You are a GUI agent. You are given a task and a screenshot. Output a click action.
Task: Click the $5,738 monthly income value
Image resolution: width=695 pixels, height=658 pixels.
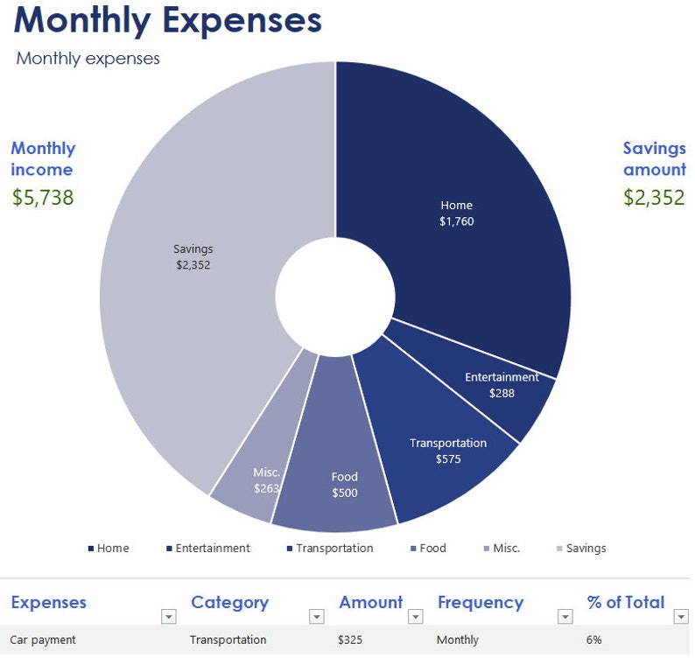43,198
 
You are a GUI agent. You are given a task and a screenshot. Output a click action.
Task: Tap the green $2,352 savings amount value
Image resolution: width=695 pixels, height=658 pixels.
654,198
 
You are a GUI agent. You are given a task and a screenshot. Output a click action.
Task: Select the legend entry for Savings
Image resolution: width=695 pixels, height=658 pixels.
580,549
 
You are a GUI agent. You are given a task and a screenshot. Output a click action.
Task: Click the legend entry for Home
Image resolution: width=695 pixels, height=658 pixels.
108,549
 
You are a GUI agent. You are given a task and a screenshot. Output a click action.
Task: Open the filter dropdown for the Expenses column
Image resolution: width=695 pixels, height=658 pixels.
168,617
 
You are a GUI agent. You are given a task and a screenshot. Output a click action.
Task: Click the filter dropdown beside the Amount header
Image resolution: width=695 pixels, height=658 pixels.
416,617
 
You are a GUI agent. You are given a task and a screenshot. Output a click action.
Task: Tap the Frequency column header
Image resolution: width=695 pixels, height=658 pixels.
481,603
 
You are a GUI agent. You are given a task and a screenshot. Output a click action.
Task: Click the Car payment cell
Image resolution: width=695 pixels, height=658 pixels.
43,640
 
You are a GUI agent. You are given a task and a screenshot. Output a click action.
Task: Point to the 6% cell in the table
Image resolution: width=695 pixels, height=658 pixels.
593,640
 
